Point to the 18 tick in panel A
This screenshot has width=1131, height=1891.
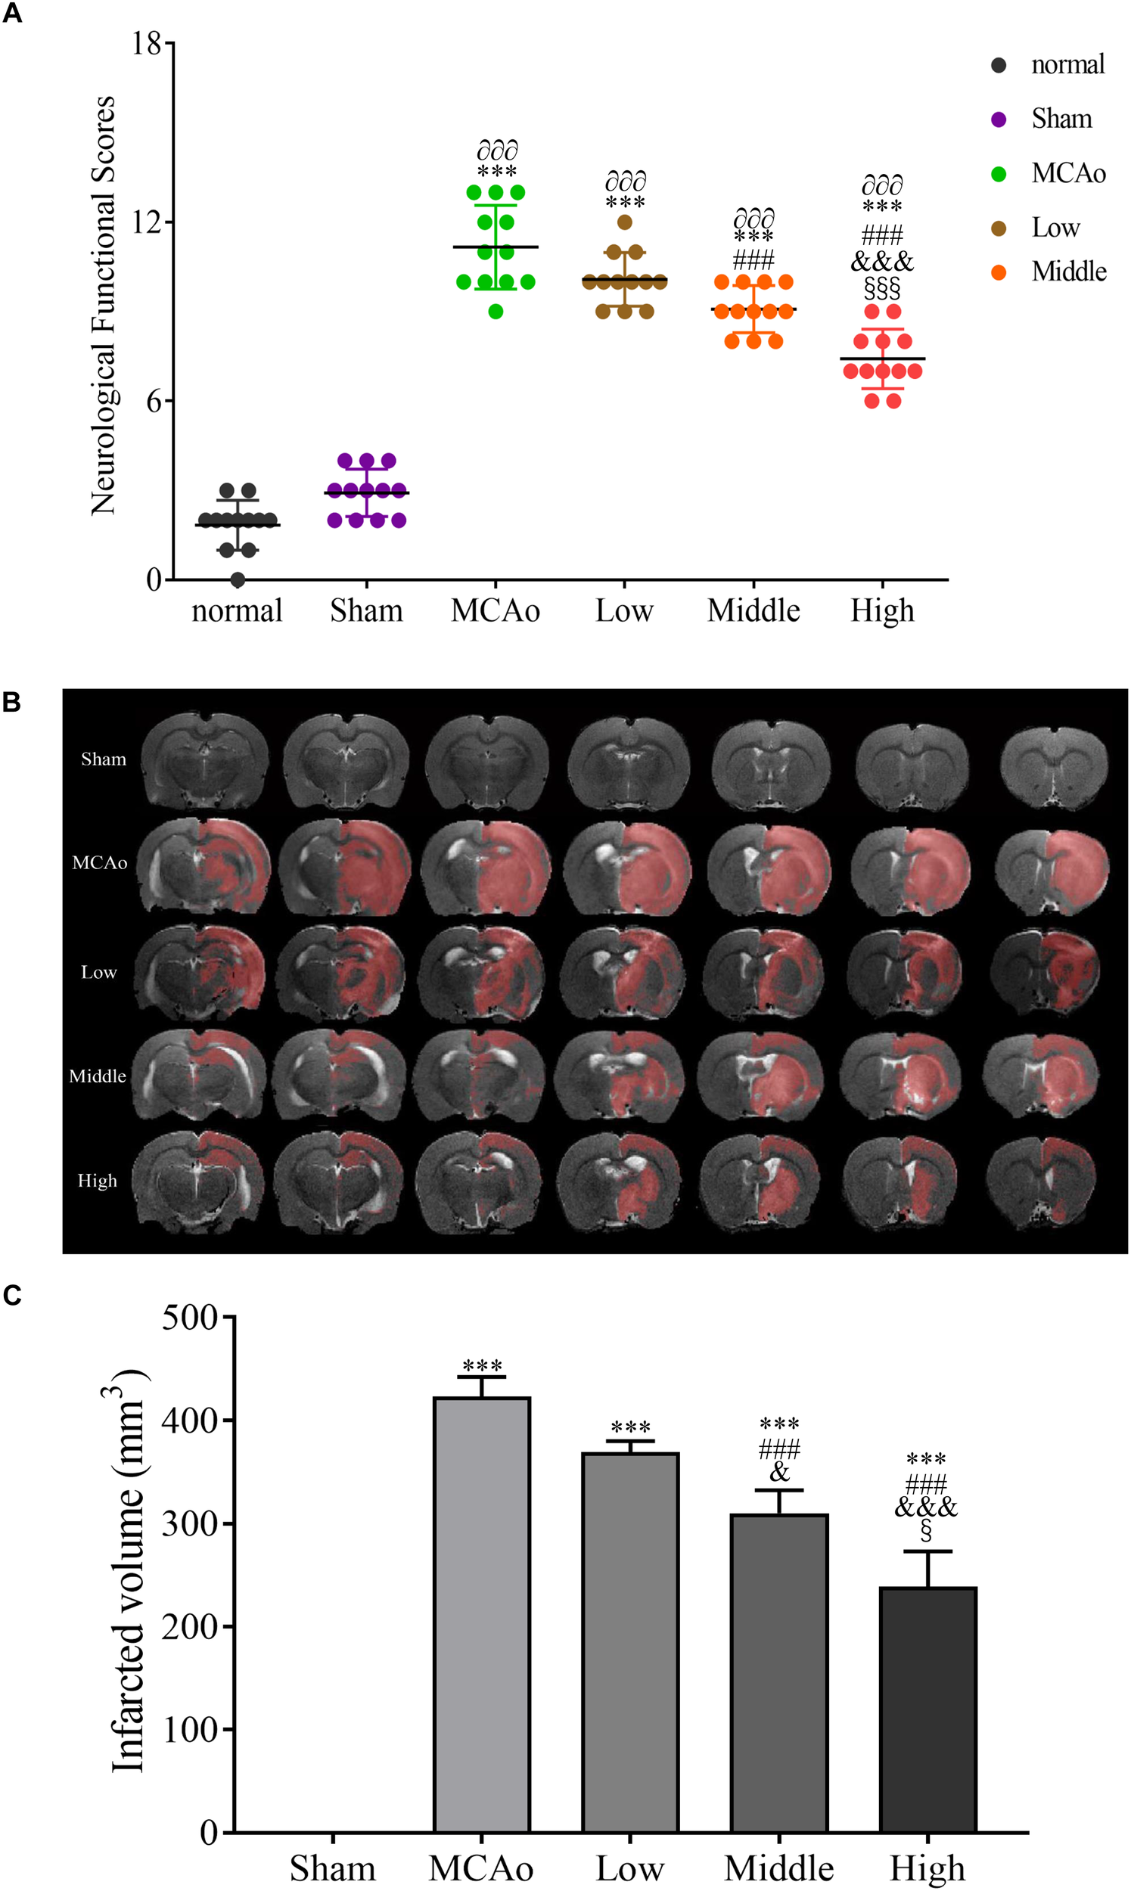coord(147,43)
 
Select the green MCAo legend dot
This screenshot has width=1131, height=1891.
coord(999,174)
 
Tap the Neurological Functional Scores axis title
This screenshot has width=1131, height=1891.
coord(103,305)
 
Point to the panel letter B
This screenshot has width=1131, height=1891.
coord(11,702)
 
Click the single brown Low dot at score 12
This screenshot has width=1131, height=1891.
coord(625,222)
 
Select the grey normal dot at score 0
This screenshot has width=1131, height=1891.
coord(238,580)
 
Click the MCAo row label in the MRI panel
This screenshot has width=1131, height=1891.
coord(99,862)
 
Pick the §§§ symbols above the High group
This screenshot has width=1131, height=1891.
coord(883,289)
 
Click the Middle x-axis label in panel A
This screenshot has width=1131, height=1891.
coord(753,611)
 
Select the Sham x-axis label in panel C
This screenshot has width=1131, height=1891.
coord(332,1863)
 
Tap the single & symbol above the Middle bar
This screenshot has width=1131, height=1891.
coord(779,1472)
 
